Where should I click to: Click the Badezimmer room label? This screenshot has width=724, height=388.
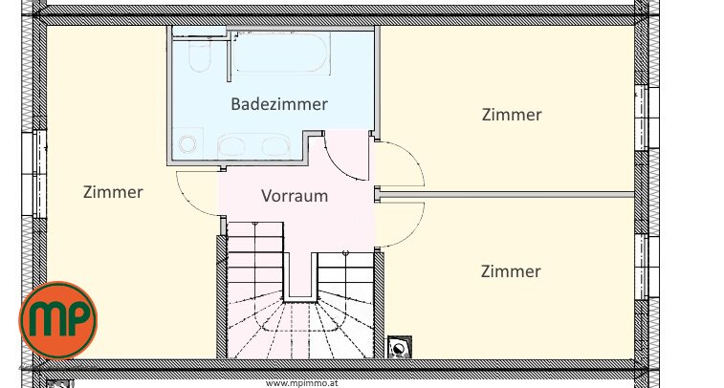point(279,104)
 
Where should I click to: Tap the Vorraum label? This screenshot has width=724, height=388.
point(295,196)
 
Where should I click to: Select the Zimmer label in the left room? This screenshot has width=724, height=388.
point(113,192)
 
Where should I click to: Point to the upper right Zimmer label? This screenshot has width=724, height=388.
point(512,115)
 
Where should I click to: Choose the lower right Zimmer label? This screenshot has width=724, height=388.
point(511,270)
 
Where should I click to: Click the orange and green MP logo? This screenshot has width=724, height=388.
point(58,320)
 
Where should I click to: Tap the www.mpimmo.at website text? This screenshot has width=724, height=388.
point(302,383)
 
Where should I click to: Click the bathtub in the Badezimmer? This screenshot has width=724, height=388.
point(281,53)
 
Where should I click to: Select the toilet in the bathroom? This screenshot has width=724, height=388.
point(200,54)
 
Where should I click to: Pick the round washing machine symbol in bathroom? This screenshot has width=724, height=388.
point(187,144)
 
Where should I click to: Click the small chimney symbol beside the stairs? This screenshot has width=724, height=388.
point(399,347)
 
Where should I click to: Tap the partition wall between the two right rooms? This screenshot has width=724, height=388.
point(507,195)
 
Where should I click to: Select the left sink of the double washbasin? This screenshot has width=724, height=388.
point(231,145)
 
